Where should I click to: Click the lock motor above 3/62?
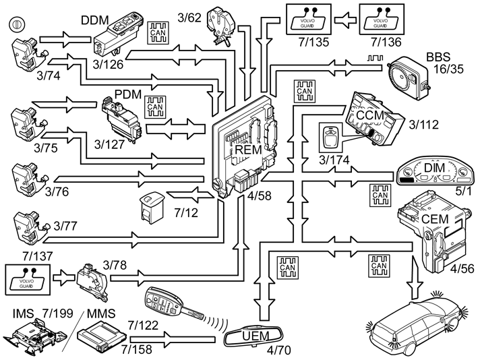[221, 19]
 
